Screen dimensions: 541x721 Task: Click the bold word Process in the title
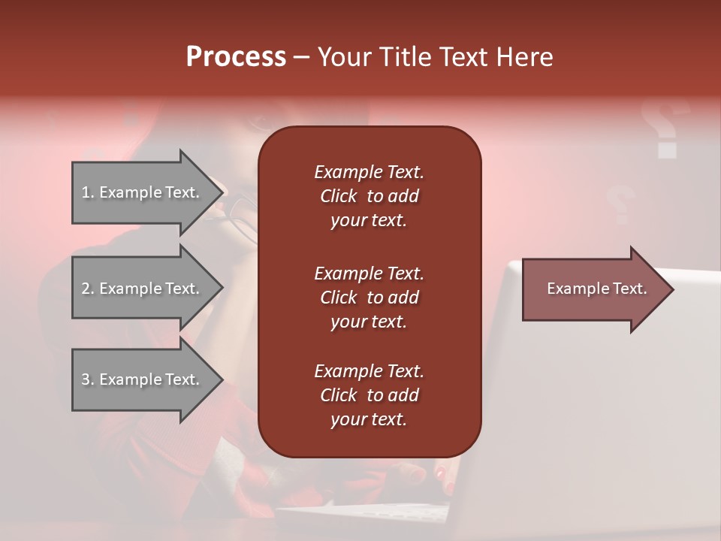click(236, 57)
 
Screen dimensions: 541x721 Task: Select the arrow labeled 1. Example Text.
click(140, 192)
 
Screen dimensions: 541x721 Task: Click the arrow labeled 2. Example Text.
click(140, 289)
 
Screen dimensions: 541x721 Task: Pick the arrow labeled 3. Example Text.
click(140, 379)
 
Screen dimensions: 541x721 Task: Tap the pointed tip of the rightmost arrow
click(672, 289)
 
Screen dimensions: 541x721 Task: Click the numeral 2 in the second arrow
click(86, 289)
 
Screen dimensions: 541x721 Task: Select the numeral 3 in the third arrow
click(86, 379)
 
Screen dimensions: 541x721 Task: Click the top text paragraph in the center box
click(369, 196)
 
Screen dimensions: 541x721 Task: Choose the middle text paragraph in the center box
click(369, 298)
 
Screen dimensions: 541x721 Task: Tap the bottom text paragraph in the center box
click(369, 395)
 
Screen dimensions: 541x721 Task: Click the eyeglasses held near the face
click(242, 214)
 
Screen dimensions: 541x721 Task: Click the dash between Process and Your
click(301, 57)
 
